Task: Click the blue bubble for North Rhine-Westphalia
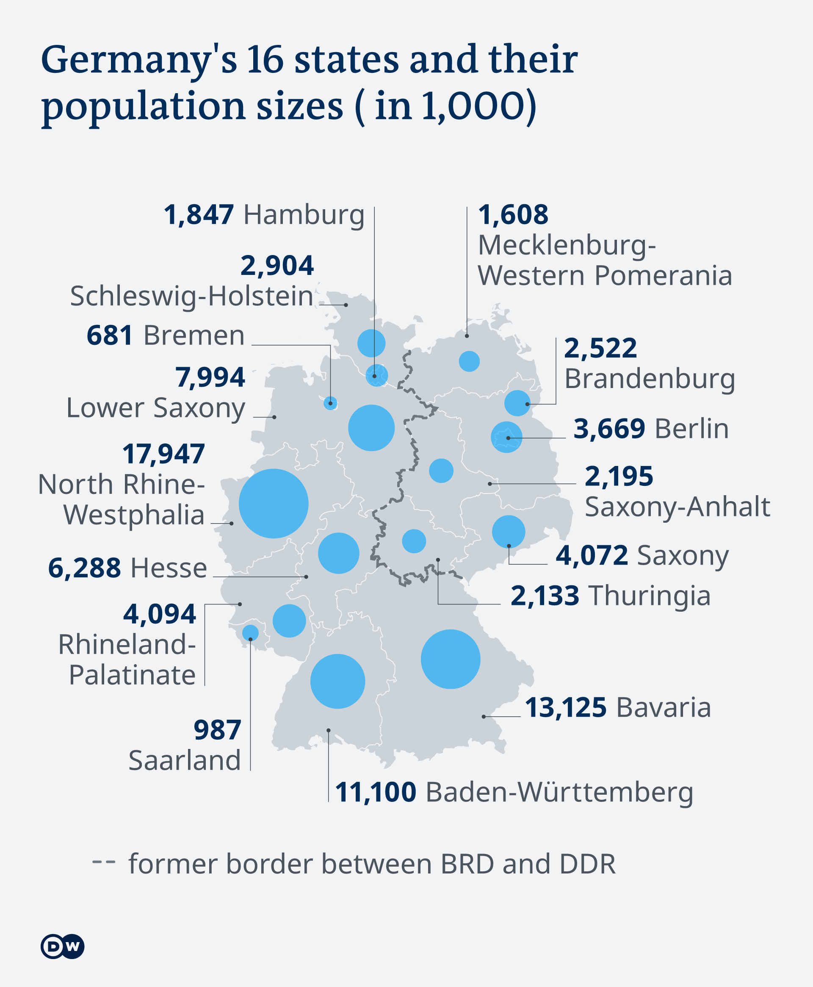274,504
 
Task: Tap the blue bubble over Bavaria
451,659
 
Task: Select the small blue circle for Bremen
331,403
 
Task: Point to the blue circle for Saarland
250,633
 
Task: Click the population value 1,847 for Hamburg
199,215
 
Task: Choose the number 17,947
163,454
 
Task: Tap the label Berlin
692,429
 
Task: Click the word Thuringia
650,596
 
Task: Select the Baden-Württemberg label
559,792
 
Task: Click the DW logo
62,947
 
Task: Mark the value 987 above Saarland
217,730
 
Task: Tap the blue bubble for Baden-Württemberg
337,681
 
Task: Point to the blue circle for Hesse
339,553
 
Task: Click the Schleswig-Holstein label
191,296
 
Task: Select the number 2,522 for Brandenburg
600,348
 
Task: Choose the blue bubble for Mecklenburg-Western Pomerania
469,361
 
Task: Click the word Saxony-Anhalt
677,507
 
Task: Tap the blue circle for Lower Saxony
371,428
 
